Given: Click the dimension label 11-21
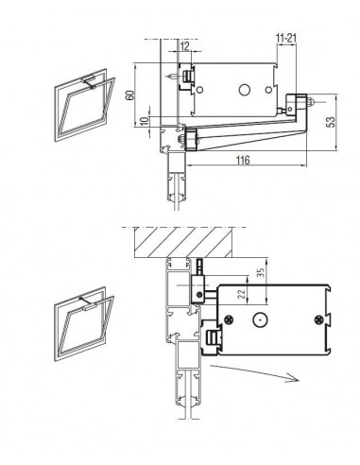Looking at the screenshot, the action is coord(286,38).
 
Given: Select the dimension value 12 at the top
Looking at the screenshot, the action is coord(185,46).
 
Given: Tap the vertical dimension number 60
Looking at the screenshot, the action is coord(129,95).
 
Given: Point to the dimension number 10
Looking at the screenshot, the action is coord(144,121).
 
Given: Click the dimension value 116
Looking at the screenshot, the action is coord(243,160).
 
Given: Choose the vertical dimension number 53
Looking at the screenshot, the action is coord(331,122).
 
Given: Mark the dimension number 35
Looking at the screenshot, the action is coord(261,272).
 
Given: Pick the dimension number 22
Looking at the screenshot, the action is coord(242,294).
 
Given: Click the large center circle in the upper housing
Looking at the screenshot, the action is coord(244,90).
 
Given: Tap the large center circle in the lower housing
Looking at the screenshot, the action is coord(261,320).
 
